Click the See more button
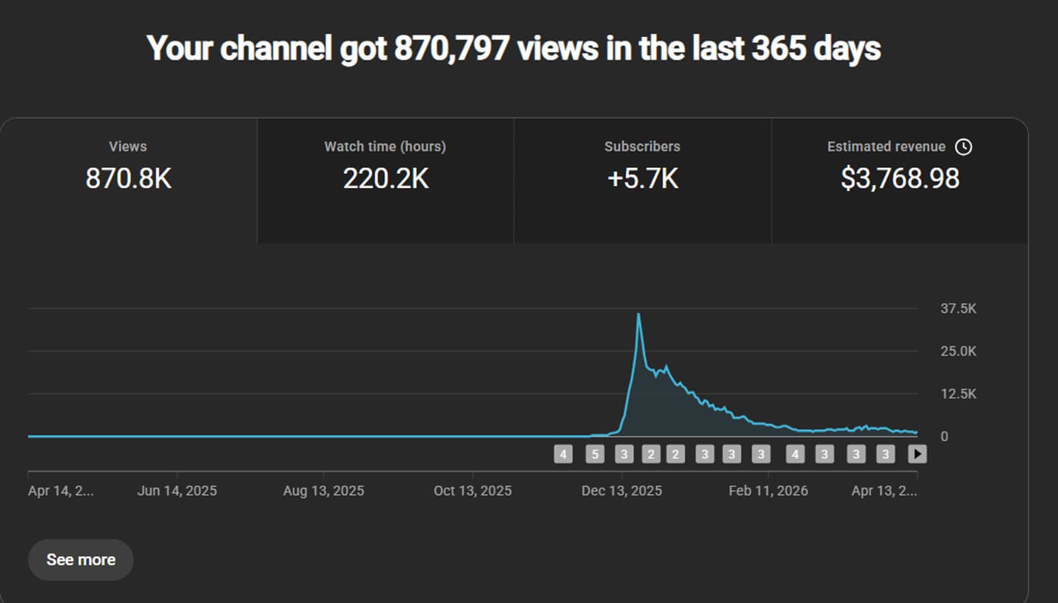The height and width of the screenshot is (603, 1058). (x=81, y=559)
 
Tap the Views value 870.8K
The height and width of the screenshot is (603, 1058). (x=128, y=179)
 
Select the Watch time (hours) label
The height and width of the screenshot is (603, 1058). (x=385, y=146)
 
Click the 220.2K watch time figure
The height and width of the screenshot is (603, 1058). (x=386, y=179)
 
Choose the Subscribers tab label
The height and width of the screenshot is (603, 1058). (x=642, y=146)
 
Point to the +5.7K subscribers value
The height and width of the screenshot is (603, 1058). (x=643, y=179)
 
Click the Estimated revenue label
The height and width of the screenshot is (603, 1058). (x=886, y=146)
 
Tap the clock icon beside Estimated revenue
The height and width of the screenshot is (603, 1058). (x=963, y=147)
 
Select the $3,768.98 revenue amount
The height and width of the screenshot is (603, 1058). (x=900, y=179)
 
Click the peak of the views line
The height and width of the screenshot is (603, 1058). (x=638, y=315)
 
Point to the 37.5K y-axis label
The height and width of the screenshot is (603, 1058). (x=958, y=308)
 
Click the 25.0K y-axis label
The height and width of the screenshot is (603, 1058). (x=958, y=351)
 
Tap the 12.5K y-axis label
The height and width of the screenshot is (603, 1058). (x=958, y=393)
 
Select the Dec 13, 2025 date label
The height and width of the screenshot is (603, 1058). (x=622, y=491)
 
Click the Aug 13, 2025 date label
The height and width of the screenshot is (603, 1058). (x=323, y=491)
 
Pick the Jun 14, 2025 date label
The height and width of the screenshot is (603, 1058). (x=177, y=491)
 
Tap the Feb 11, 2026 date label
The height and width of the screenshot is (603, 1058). (x=768, y=491)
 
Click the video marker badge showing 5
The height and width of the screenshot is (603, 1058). (x=595, y=454)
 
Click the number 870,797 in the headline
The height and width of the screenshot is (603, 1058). (x=452, y=48)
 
